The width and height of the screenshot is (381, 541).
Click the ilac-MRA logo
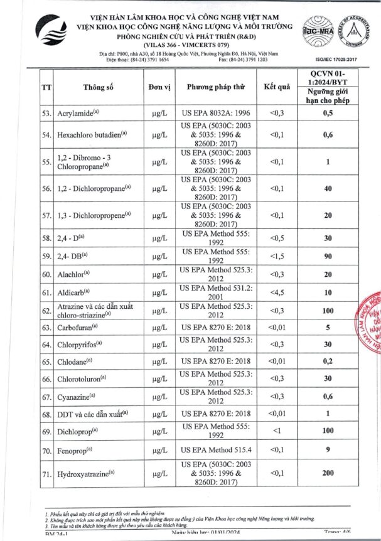(x=318, y=31)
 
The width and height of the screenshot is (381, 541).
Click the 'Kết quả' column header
(x=276, y=87)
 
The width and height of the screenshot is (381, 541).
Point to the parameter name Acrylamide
(x=78, y=113)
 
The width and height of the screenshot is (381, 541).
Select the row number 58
(x=46, y=238)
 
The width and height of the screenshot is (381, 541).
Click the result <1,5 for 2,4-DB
(x=276, y=256)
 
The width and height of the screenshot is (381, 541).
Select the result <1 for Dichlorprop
(x=276, y=432)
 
